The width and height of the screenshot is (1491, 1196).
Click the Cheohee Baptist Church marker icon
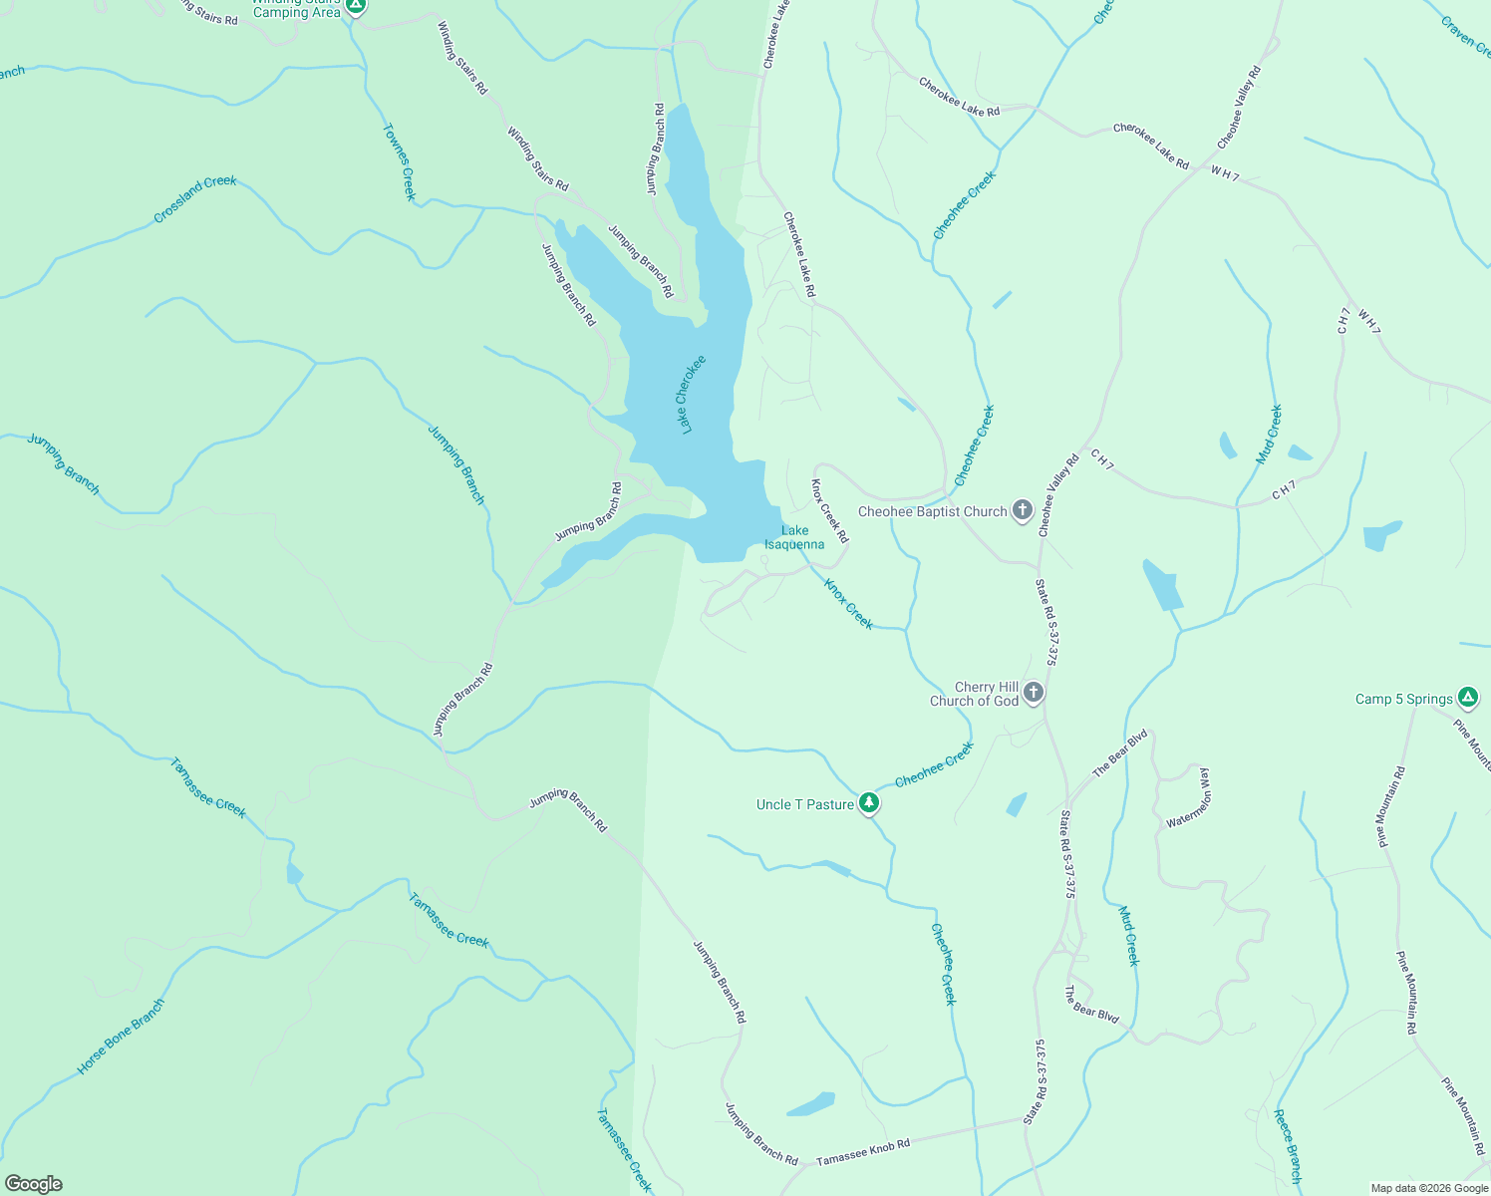(x=1022, y=510)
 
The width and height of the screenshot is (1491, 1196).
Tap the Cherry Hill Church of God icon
(x=1034, y=693)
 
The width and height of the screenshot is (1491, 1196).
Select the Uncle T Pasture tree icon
(x=869, y=802)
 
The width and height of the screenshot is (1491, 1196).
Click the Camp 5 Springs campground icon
(x=1467, y=698)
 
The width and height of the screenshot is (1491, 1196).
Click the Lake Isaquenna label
(x=794, y=538)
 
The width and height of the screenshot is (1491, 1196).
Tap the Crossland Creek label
(x=195, y=199)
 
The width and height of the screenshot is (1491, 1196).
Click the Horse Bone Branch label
(x=121, y=1037)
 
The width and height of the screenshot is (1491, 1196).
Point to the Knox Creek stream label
(x=848, y=604)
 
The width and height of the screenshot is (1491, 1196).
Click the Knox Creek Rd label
(x=829, y=511)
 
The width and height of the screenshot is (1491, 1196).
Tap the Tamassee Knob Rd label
(x=863, y=1153)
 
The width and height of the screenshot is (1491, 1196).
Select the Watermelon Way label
(x=1188, y=797)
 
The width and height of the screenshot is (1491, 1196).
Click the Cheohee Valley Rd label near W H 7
(x=1239, y=108)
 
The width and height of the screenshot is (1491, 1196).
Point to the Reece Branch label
(x=1288, y=1146)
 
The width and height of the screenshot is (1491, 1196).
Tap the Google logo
(x=34, y=1184)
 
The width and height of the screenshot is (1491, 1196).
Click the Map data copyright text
(x=1429, y=1188)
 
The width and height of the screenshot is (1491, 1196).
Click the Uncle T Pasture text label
(x=805, y=804)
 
